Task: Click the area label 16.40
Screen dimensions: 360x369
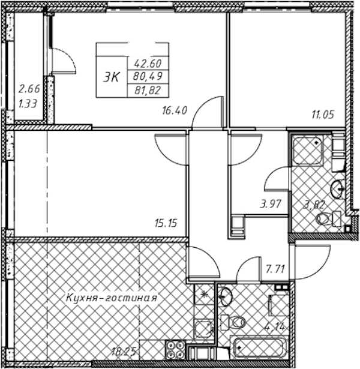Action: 175,110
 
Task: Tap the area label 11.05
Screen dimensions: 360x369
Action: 323,115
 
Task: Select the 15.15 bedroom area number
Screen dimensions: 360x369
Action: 166,223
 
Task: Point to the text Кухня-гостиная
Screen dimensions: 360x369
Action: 112,298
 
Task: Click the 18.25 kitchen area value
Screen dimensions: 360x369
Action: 124,352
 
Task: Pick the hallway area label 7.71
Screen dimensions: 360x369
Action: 275,269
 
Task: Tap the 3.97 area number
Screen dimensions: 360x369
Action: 271,204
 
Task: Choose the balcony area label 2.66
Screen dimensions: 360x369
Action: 29,89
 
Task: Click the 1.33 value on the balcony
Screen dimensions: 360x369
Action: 28,104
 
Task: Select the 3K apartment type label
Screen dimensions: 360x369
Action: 112,77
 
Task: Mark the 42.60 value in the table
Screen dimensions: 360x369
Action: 148,64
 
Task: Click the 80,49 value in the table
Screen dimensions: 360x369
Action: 148,76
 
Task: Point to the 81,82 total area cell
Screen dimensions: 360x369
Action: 148,90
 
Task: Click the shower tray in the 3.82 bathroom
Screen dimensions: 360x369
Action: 307,151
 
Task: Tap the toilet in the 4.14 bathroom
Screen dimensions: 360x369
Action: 233,322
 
